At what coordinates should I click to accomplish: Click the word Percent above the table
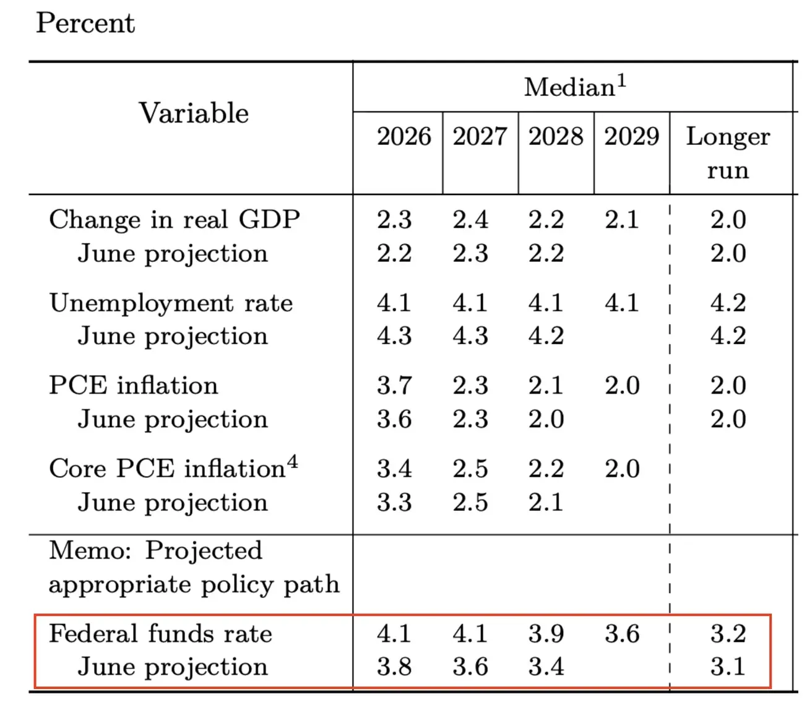[x=85, y=23]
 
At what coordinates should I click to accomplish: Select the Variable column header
[x=194, y=113]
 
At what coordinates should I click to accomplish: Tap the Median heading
[x=575, y=86]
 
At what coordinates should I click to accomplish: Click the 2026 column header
[x=404, y=136]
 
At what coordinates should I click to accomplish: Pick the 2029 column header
[x=631, y=136]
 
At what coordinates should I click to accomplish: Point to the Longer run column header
[x=728, y=153]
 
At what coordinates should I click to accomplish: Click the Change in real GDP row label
[x=175, y=220]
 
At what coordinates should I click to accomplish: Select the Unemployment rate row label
[x=171, y=303]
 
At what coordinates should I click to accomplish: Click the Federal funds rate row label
[x=160, y=633]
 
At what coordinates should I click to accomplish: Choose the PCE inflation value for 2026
[x=394, y=386]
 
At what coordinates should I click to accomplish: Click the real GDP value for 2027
[x=470, y=220]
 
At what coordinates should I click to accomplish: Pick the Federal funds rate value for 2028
[x=546, y=634]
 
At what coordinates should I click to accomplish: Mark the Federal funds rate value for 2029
[x=621, y=634]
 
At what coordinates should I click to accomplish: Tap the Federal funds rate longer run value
[x=728, y=634]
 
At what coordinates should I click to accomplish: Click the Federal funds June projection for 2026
[x=394, y=667]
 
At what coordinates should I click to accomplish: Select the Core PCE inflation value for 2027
[x=470, y=469]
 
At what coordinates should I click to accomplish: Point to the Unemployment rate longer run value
[x=728, y=303]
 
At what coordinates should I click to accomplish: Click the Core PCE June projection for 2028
[x=546, y=502]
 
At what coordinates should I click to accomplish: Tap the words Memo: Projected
[x=155, y=551]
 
